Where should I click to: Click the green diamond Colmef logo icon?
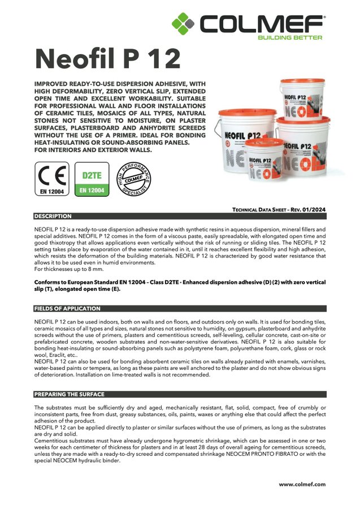click(184, 24)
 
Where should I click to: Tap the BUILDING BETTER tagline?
click(289, 37)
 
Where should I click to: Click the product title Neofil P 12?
click(107, 58)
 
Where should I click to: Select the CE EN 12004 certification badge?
click(51, 179)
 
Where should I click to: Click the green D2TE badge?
click(92, 179)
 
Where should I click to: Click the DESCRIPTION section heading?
click(53, 216)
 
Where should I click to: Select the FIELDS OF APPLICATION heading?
click(67, 309)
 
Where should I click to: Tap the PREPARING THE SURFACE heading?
click(69, 394)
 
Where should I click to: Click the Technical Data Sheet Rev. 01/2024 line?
click(279, 210)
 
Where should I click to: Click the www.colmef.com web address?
click(302, 484)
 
